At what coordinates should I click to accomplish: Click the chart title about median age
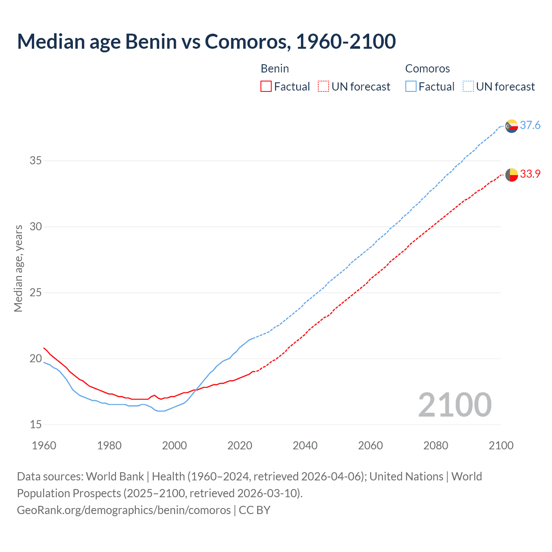206,41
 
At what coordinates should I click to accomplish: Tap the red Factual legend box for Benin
266,86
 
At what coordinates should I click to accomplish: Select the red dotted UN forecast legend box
323,86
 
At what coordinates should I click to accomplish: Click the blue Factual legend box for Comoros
411,86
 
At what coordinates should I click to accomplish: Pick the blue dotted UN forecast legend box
468,86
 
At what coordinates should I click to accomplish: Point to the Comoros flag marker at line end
511,126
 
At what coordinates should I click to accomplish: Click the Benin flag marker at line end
511,175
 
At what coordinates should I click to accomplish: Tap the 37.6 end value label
530,125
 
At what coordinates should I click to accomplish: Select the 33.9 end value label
530,174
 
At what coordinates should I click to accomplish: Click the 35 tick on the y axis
36,161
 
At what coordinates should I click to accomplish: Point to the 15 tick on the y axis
36,424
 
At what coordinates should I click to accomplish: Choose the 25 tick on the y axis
36,293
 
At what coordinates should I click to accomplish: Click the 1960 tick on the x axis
44,445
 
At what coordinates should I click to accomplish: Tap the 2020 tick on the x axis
240,445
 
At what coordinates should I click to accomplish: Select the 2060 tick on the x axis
370,445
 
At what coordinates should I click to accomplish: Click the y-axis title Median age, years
18,268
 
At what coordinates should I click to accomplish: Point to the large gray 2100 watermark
455,405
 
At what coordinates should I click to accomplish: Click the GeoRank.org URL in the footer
124,510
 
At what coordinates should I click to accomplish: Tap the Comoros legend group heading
427,69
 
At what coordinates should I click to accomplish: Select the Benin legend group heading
275,69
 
